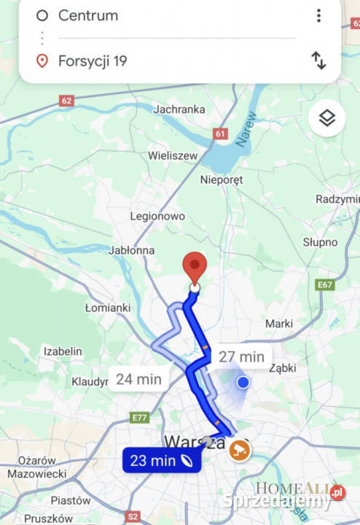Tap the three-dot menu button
pyautogui.click(x=318, y=15)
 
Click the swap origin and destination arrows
pyautogui.click(x=318, y=61)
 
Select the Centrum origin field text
pyautogui.click(x=87, y=15)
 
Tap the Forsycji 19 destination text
pyautogui.click(x=92, y=61)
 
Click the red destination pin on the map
pyautogui.click(x=194, y=268)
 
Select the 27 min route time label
pyautogui.click(x=241, y=357)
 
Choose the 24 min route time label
pyautogui.click(x=138, y=379)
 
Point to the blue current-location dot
pyautogui.click(x=243, y=382)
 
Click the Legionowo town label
pyautogui.click(x=157, y=217)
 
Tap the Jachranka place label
pyautogui.click(x=179, y=109)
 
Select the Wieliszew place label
pyautogui.click(x=173, y=155)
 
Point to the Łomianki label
pyautogui.click(x=106, y=308)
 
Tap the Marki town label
pyautogui.click(x=279, y=323)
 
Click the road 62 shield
pyautogui.click(x=67, y=101)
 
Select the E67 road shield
pyautogui.click(x=325, y=285)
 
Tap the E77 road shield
pyautogui.click(x=139, y=417)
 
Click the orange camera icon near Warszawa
pyautogui.click(x=238, y=449)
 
